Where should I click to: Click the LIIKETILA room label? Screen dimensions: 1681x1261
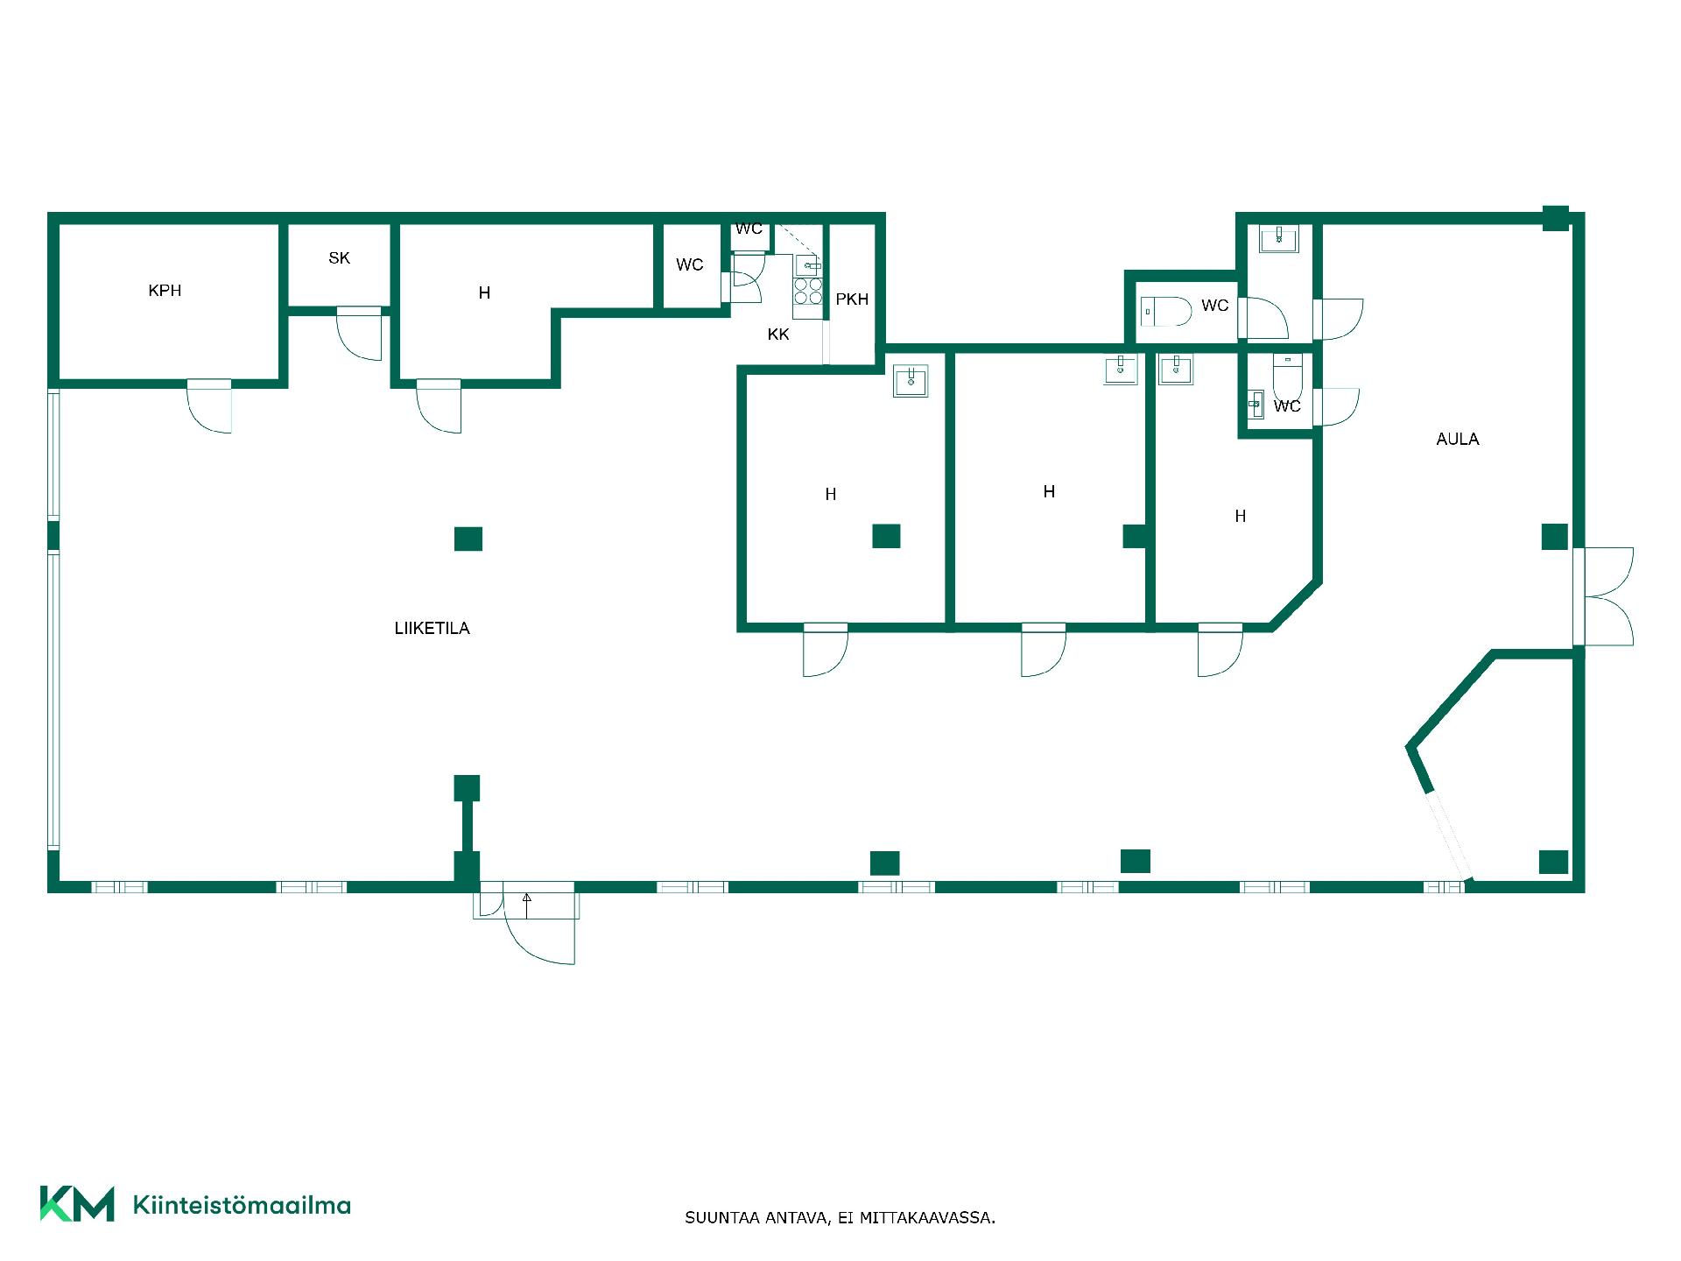click(x=432, y=628)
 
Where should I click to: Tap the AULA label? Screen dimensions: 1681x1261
click(x=1458, y=440)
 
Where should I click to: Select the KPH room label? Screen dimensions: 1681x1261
click(x=165, y=291)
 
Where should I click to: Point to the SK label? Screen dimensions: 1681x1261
click(x=339, y=258)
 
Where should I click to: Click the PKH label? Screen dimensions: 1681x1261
click(x=852, y=299)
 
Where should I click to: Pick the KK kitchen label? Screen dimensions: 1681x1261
click(x=778, y=335)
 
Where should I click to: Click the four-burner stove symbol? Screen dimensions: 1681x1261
click(x=808, y=292)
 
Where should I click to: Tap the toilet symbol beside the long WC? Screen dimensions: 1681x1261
click(x=1166, y=311)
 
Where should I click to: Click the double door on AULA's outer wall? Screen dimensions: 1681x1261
click(x=1605, y=596)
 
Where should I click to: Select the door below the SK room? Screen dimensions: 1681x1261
click(x=360, y=334)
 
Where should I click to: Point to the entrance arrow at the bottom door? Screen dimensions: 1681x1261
click(x=527, y=905)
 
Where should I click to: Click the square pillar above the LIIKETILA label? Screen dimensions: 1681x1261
click(x=468, y=539)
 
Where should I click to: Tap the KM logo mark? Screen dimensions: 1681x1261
click(x=77, y=1204)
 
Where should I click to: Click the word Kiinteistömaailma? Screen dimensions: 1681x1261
click(x=242, y=1205)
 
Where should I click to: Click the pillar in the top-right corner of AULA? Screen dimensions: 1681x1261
click(x=1555, y=218)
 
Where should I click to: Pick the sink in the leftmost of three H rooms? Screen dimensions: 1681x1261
click(x=911, y=381)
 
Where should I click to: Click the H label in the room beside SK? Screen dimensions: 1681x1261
click(x=484, y=293)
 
